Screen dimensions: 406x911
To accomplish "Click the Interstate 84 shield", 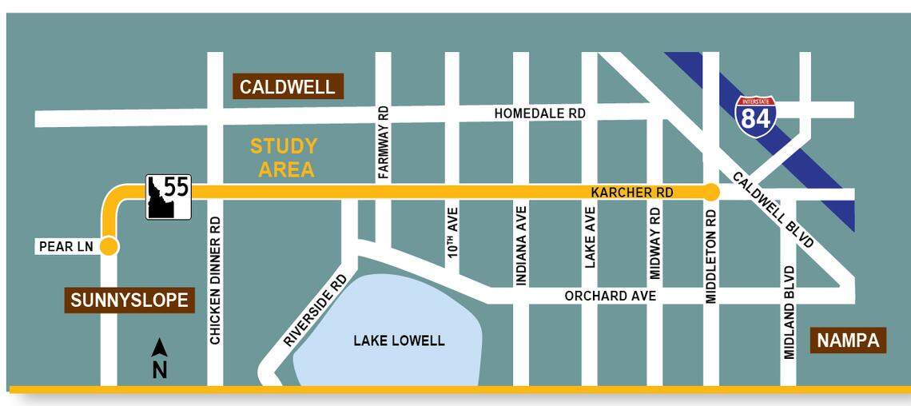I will coord(755,116).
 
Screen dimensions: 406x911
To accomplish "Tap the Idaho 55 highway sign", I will coord(168,196).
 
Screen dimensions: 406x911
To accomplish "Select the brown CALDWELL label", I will coord(288,87).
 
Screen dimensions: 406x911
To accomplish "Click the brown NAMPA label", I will coord(848,341).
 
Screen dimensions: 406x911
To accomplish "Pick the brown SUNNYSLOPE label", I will coord(129,301).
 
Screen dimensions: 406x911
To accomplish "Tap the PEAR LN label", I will coord(66,247).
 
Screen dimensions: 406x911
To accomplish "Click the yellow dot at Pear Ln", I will coord(109,247).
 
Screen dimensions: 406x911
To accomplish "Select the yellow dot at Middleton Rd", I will coord(710,192).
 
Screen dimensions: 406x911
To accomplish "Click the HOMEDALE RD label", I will coord(539,113).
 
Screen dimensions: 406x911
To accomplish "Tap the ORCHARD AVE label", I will coord(610,296).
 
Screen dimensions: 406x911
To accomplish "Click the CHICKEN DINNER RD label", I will coord(215,280).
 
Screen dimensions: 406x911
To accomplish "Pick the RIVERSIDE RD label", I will coord(315,310).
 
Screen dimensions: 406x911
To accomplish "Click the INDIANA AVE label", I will coord(521,246).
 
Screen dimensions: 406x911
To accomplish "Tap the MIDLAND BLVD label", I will coord(790,312).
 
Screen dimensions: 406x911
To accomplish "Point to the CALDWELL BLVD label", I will coord(773,209).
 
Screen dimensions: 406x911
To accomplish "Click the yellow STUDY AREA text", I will coord(284,157).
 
